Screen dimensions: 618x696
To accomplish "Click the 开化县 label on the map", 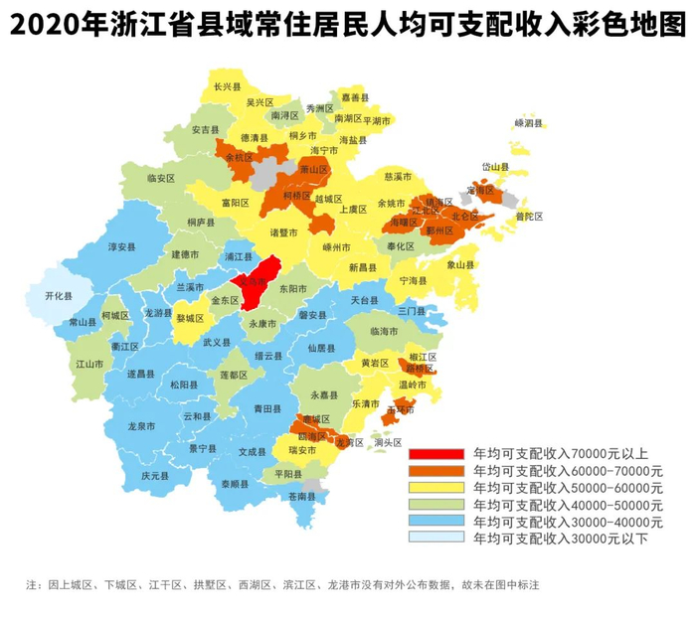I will pos(61,295).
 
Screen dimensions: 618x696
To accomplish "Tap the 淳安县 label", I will pos(121,246).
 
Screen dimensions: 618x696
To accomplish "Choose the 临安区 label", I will pos(160,179).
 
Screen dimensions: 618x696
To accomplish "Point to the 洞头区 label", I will pos(388,442).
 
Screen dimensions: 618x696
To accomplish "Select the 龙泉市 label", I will pos(141,426).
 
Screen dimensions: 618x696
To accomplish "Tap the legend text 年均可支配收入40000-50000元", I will pos(568,505).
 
